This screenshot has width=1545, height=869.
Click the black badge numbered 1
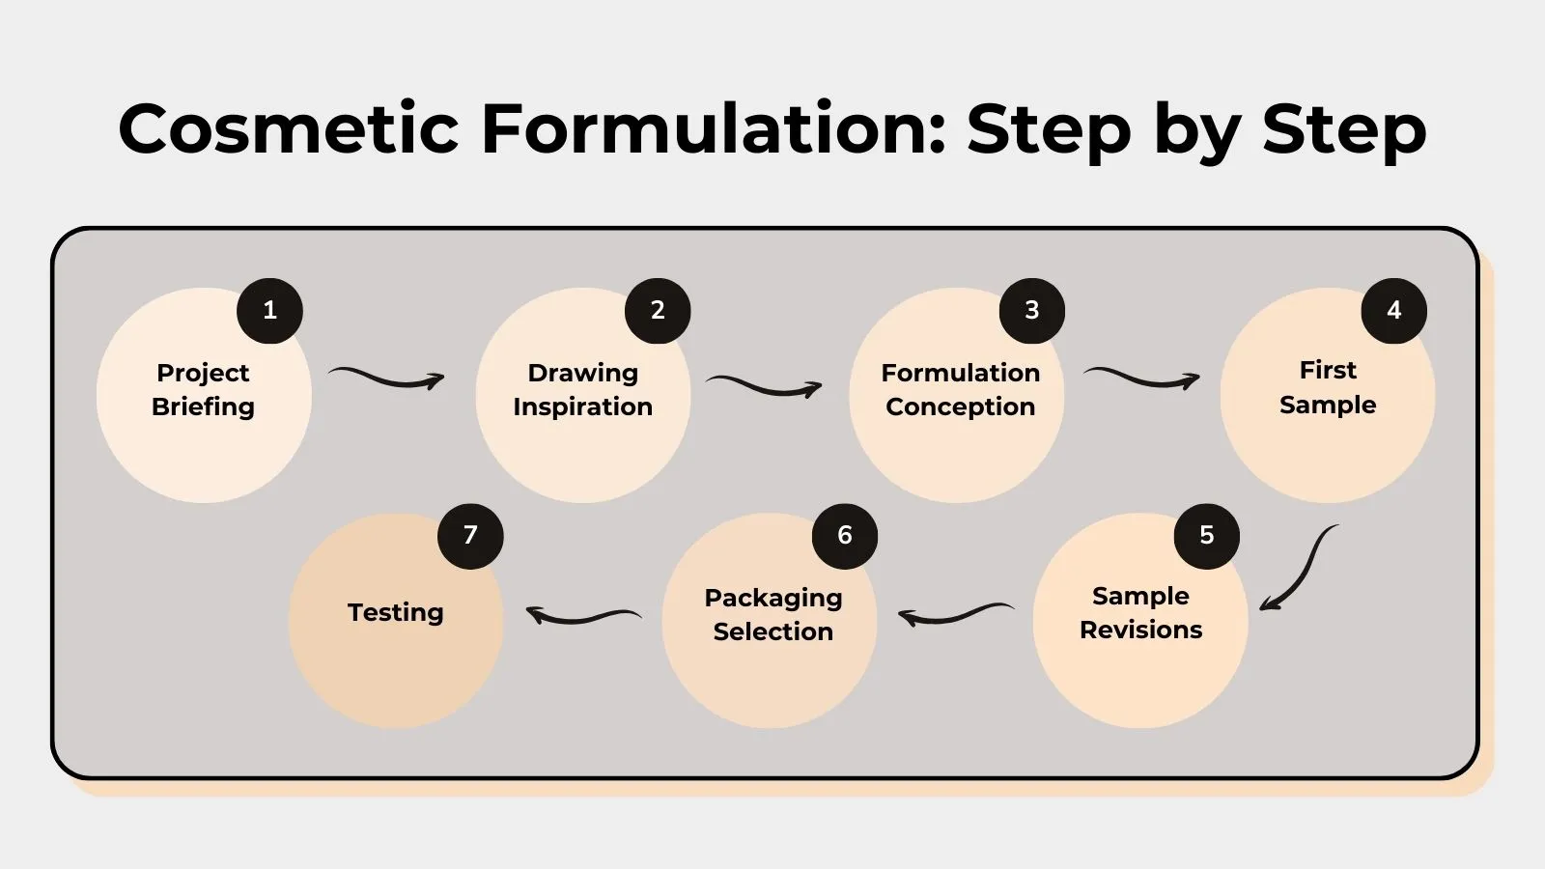(x=270, y=311)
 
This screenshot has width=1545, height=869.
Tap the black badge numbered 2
(x=658, y=311)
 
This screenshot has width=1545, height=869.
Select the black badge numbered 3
(x=1031, y=311)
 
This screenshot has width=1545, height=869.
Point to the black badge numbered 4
(x=1393, y=311)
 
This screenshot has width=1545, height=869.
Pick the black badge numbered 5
(x=1206, y=536)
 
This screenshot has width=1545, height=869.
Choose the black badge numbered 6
(x=845, y=536)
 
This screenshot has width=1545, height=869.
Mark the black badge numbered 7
(x=470, y=536)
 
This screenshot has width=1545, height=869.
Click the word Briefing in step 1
(x=203, y=407)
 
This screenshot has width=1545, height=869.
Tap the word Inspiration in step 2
(x=582, y=407)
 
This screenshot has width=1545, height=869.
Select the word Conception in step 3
(x=960, y=407)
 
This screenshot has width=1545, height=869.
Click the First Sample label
(x=1328, y=387)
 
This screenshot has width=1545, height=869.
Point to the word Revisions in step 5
(x=1140, y=631)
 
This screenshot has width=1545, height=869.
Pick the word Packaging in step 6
(x=772, y=599)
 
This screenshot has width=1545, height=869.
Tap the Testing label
(x=396, y=613)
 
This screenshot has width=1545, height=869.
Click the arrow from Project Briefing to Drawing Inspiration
(x=386, y=378)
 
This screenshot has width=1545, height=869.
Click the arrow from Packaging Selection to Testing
(x=583, y=615)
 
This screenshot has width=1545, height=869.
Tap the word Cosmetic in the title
(x=289, y=128)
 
